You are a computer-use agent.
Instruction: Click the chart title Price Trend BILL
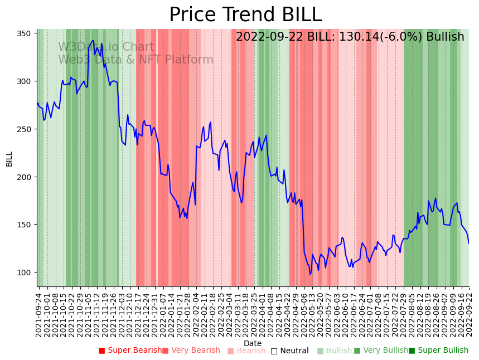pos(245,15)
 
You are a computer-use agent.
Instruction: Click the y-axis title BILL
pos(9,159)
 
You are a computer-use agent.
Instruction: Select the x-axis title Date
pos(253,343)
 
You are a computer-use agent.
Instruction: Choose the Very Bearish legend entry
pos(191,351)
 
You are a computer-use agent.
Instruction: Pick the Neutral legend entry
pos(289,351)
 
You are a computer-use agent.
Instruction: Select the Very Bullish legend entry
pos(381,351)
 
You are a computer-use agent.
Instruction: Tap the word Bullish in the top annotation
pos(445,37)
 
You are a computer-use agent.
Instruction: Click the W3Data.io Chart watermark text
pos(106,47)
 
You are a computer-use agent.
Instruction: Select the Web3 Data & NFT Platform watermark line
pos(136,60)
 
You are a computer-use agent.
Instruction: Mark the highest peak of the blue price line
pos(93,40)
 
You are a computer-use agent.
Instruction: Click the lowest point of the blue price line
pos(310,274)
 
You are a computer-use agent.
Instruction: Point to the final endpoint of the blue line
pos(468,243)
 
